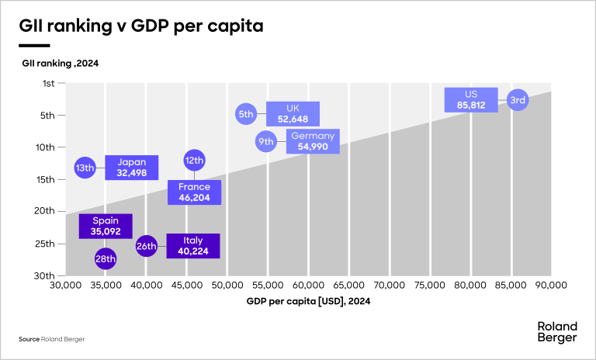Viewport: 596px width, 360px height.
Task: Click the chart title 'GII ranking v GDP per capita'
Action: click(141, 26)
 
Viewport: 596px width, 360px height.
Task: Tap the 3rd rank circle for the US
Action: click(518, 100)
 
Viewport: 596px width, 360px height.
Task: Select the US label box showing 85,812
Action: click(470, 100)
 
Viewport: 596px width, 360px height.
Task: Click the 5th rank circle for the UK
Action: click(246, 114)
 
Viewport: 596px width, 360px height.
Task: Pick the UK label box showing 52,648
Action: click(293, 114)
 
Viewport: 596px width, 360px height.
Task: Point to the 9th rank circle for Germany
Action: click(266, 141)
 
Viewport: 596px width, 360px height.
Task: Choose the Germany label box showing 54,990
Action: click(313, 141)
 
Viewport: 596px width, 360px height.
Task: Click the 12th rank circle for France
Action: click(194, 161)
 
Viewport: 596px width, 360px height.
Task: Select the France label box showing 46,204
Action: click(194, 192)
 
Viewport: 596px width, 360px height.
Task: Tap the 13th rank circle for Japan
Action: click(85, 168)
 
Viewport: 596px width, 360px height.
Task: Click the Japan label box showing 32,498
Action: click(132, 168)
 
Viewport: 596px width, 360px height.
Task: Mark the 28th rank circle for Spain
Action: click(106, 258)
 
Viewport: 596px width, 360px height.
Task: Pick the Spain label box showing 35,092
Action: click(106, 226)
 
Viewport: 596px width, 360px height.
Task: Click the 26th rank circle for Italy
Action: click(147, 246)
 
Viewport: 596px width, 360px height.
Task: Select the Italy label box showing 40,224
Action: click(193, 246)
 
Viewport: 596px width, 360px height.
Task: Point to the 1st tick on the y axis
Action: click(48, 83)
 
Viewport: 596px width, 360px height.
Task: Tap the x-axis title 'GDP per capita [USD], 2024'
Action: click(308, 301)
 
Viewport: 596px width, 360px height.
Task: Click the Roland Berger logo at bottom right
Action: click(557, 332)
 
